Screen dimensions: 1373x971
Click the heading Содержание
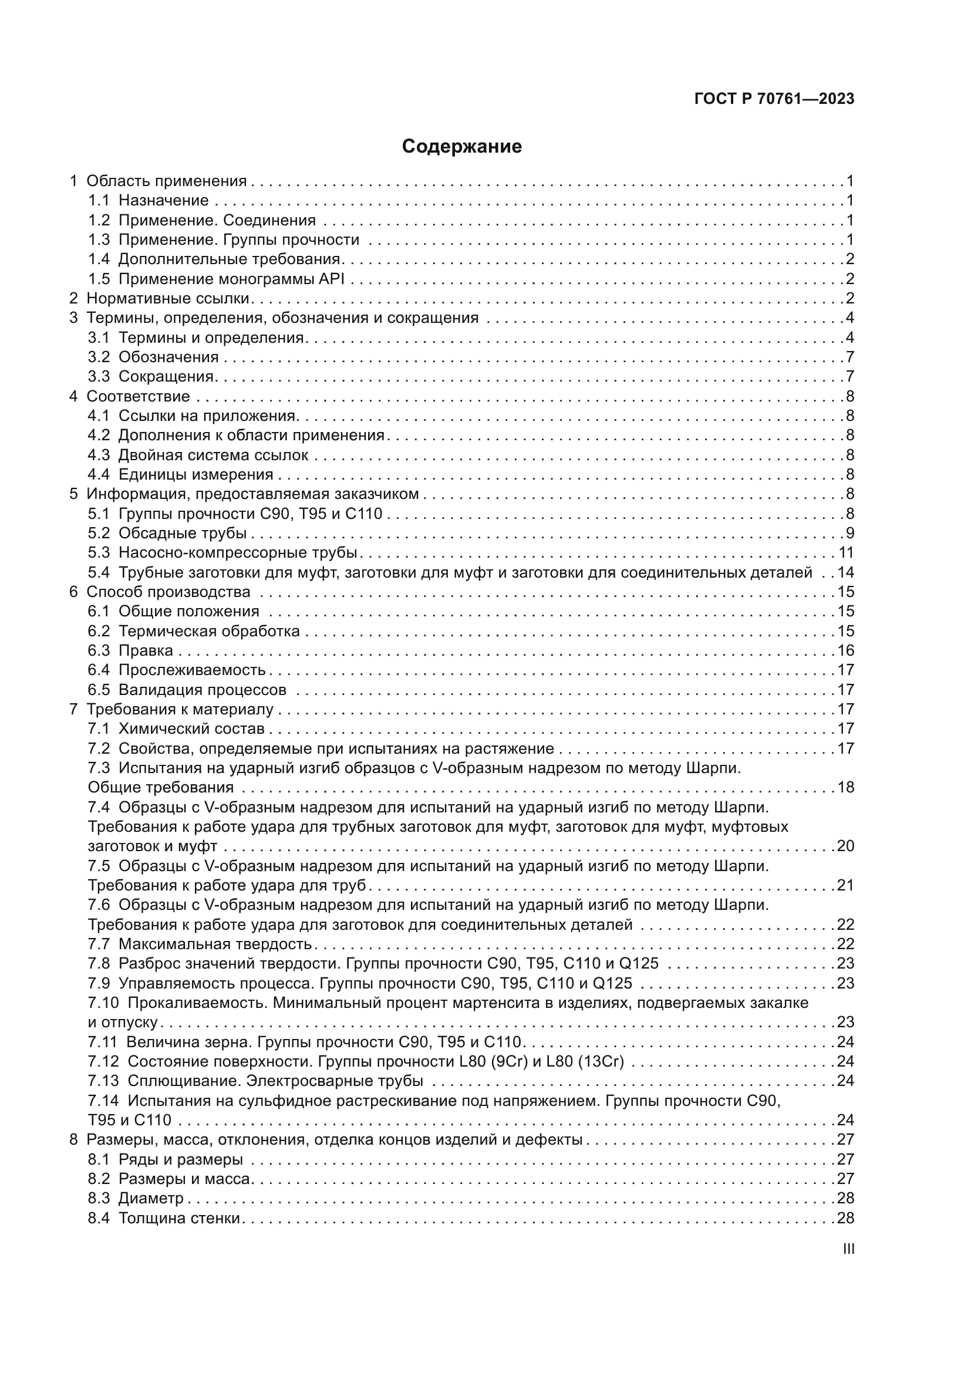[461, 147]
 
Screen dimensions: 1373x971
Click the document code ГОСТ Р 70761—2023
[774, 99]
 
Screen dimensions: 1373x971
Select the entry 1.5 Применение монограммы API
[216, 279]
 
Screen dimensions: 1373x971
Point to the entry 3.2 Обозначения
[153, 357]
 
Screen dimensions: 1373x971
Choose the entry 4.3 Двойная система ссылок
[198, 455]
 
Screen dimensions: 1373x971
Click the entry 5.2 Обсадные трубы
[167, 533]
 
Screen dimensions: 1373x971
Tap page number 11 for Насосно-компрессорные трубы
[845, 552]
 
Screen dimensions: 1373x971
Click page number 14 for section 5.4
[845, 572]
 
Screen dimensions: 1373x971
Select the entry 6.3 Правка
[130, 650]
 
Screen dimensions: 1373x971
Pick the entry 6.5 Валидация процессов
[187, 690]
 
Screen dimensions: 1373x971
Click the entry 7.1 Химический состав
[176, 729]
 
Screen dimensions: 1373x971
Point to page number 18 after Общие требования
[845, 788]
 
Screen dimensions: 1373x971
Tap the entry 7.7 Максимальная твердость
[200, 944]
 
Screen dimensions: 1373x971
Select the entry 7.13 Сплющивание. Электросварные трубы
[255, 1081]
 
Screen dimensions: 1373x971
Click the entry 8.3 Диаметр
[136, 1199]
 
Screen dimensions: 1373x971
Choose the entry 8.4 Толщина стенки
[164, 1218]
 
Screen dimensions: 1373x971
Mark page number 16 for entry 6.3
[845, 650]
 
